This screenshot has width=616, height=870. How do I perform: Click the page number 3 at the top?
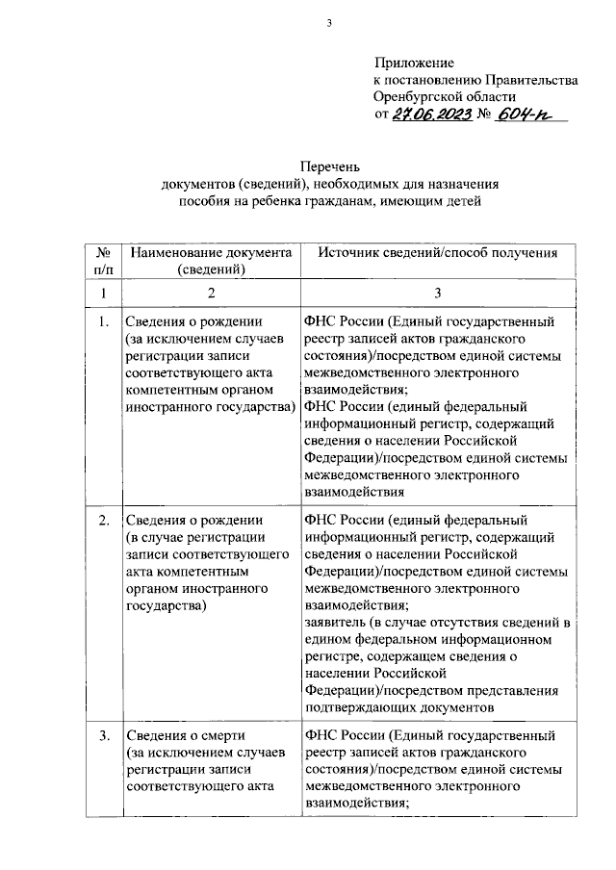coord(328,24)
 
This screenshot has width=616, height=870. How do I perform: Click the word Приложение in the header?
coord(414,63)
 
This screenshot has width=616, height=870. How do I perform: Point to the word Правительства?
coord(531,80)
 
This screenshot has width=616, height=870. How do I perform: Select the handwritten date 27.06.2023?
coord(432,115)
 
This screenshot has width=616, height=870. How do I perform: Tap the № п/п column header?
coord(101,261)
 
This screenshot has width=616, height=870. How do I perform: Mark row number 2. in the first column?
coord(103,521)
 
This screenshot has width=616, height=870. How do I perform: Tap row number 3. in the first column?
coord(103,737)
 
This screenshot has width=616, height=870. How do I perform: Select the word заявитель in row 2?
coord(334,623)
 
